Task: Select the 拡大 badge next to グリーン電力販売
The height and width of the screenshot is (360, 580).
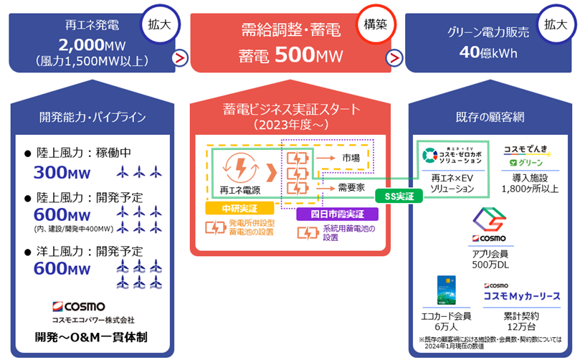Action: point(554,23)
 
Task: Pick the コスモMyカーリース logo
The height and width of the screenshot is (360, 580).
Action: point(521,294)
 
